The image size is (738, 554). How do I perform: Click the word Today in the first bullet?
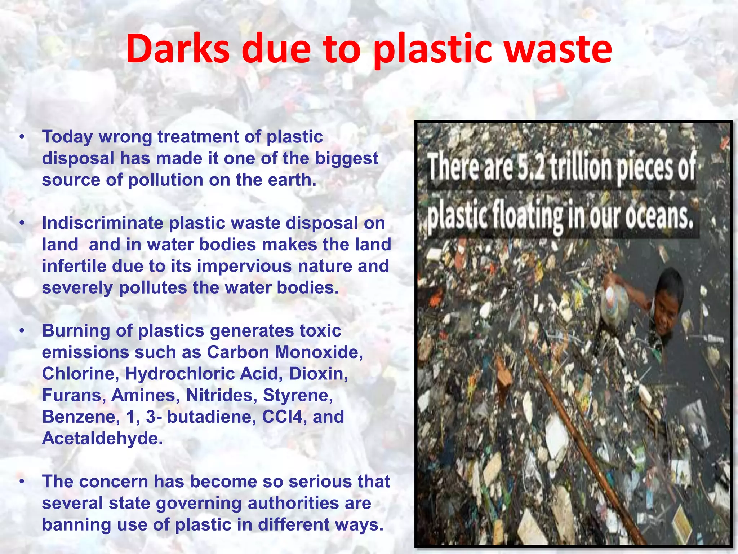click(67, 137)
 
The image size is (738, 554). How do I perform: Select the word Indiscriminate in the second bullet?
click(103, 223)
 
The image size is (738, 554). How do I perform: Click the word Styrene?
click(298, 395)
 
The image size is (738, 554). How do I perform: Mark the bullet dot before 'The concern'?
click(22, 482)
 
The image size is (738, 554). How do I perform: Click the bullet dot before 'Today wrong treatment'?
click(22, 137)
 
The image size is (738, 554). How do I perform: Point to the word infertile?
click(74, 267)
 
